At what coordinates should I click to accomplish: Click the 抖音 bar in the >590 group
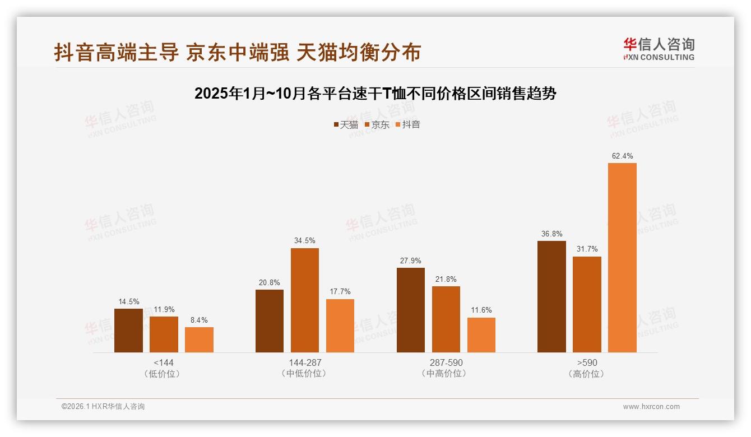622,258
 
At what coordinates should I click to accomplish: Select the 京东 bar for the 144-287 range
305,300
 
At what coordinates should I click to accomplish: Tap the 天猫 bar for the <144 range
128,331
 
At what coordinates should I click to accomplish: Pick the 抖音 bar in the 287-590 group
481,335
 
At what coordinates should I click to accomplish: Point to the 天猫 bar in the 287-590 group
411,310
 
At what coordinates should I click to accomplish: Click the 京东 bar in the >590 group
587,305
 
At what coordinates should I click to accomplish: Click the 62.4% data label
622,156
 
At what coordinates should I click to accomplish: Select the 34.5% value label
305,241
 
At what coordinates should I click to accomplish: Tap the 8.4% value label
199,320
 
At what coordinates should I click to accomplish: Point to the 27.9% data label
411,261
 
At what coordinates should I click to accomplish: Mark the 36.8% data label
551,234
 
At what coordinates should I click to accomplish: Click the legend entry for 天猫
346,125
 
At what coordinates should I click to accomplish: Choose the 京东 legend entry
377,125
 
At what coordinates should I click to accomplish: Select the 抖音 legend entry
408,125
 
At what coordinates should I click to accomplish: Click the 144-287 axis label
305,362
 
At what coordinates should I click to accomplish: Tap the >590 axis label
587,362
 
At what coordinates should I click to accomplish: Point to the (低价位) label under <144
163,374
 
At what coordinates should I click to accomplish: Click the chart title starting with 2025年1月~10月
375,94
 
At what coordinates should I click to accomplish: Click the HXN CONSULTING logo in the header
659,49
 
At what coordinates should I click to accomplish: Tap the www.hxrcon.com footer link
651,407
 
